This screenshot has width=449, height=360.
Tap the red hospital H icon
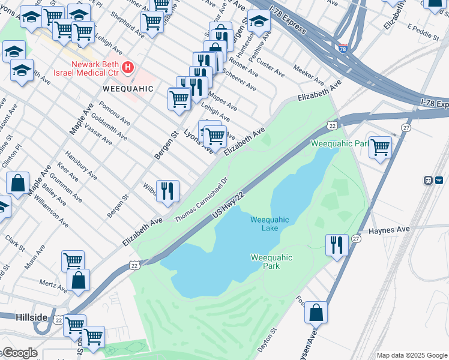pos(127,67)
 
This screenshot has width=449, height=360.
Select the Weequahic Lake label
pos(270,224)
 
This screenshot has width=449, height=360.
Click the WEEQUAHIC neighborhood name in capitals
pos(128,88)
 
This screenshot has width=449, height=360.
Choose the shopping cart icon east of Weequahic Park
pos(380,146)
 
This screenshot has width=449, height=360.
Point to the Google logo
pos(19,353)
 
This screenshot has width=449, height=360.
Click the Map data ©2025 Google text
pos(411,355)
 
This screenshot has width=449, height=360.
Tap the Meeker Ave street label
pos(309,75)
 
